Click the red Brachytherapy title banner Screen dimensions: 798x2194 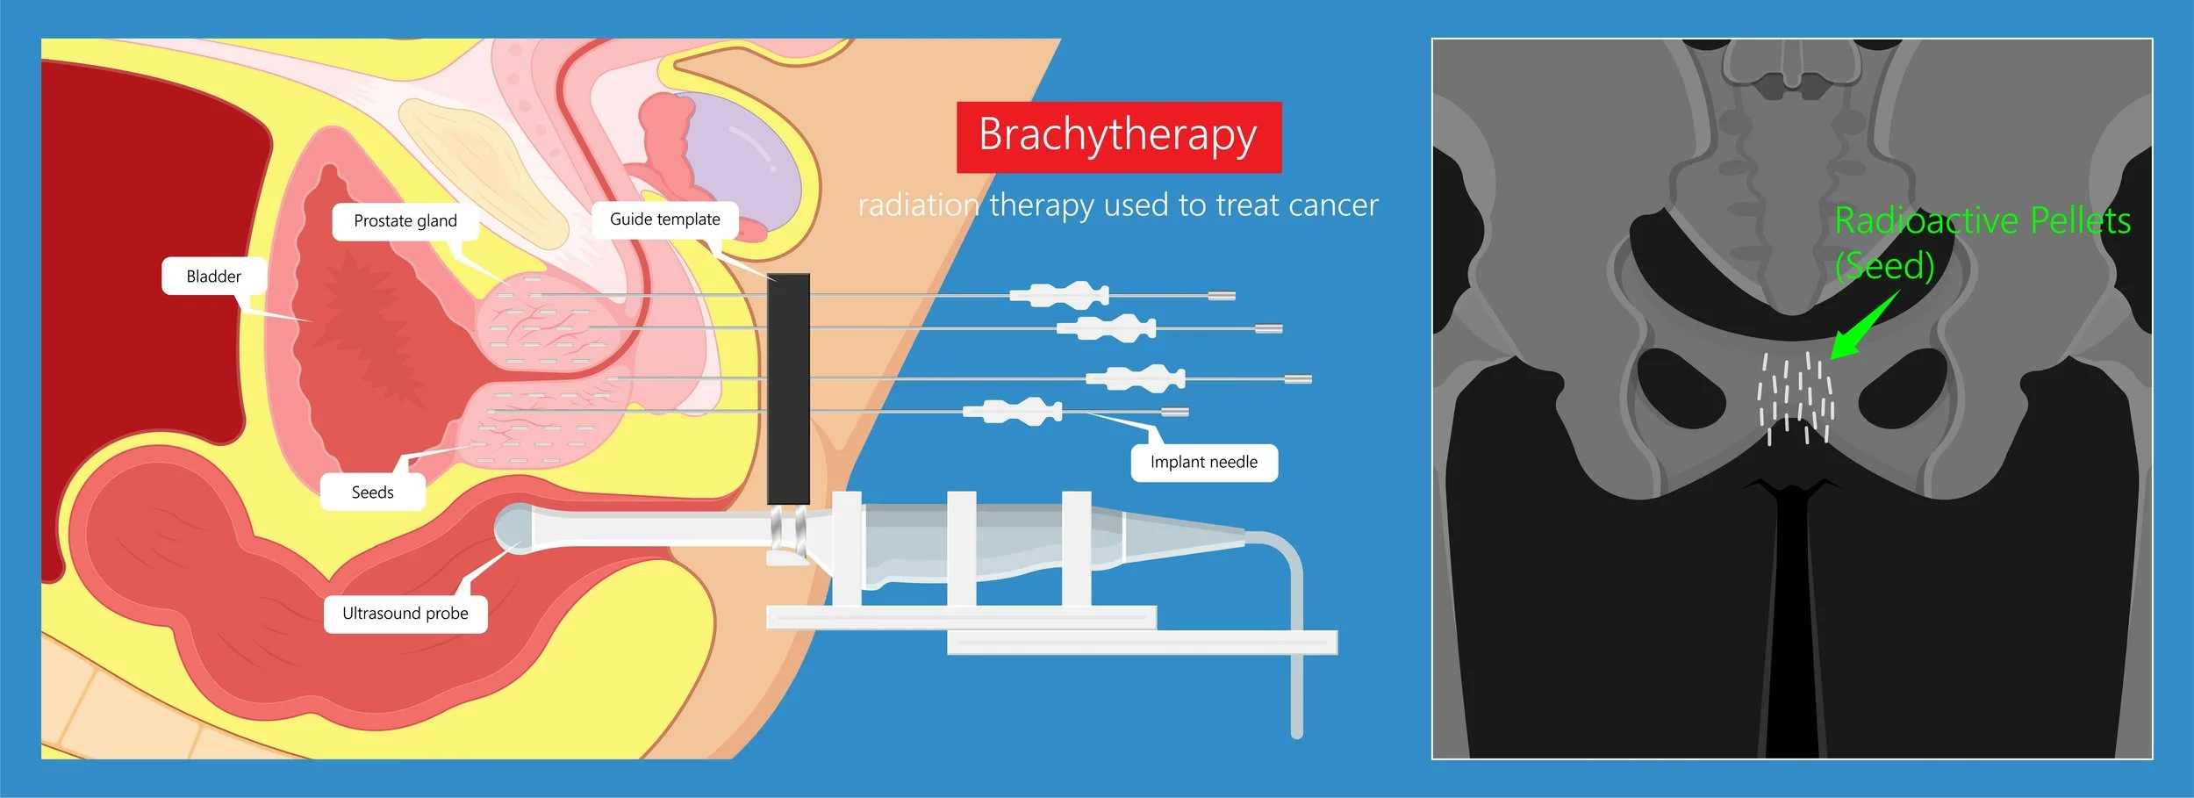coord(1118,137)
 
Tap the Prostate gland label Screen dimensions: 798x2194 coord(405,221)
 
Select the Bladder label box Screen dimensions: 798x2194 coord(213,277)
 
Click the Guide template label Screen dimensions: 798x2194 coord(664,219)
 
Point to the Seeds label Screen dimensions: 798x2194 coord(372,492)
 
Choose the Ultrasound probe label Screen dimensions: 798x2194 coord(405,614)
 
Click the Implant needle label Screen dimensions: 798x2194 coord(1203,463)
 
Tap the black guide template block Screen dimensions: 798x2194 coord(788,386)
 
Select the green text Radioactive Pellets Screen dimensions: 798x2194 coord(1982,221)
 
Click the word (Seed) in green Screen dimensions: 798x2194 coord(1884,266)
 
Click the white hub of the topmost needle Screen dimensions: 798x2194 coord(1059,295)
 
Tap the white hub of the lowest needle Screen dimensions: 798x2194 coord(1013,410)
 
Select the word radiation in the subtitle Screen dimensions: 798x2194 coord(918,205)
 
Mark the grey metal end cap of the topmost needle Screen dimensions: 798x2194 coord(1222,296)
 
